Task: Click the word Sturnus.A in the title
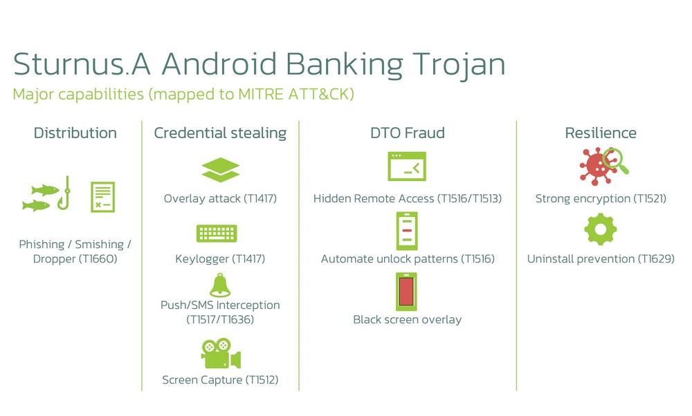pyautogui.click(x=82, y=64)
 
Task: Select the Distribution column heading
pyautogui.click(x=75, y=133)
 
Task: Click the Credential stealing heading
pyautogui.click(x=220, y=133)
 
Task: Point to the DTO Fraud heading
pyautogui.click(x=408, y=133)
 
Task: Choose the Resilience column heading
pyautogui.click(x=601, y=133)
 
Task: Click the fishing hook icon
pyautogui.click(x=65, y=193)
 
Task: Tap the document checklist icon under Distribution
pyautogui.click(x=103, y=197)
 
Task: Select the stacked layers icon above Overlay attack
pyautogui.click(x=220, y=170)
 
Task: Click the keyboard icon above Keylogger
pyautogui.click(x=217, y=233)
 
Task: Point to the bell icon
pyautogui.click(x=220, y=285)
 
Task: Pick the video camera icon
pyautogui.click(x=221, y=353)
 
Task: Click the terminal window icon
pyautogui.click(x=407, y=166)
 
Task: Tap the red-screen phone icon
pyautogui.click(x=406, y=292)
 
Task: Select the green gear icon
pyautogui.click(x=601, y=229)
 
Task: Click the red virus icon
pyautogui.click(x=595, y=167)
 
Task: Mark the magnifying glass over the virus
pyautogui.click(x=615, y=161)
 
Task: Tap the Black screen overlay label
pyautogui.click(x=408, y=319)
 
